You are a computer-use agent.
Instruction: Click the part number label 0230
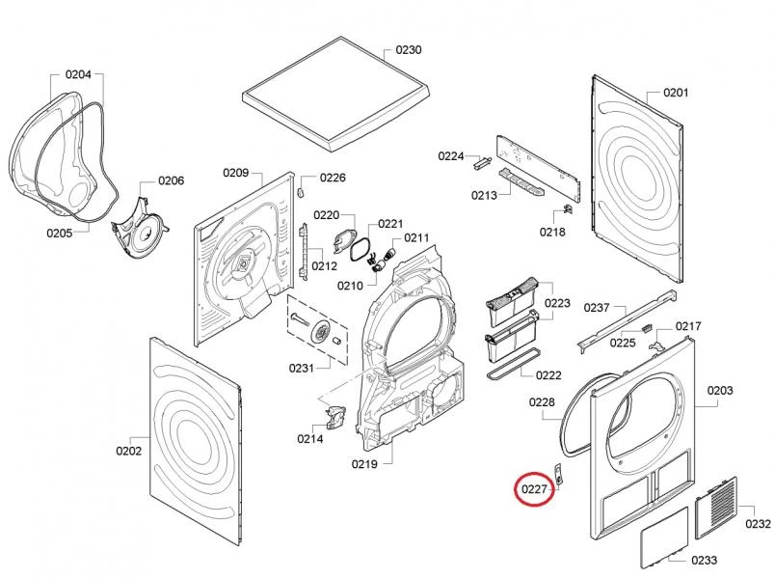click(x=408, y=49)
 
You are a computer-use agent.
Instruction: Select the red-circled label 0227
click(x=535, y=491)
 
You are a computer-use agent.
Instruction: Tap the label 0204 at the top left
click(x=78, y=74)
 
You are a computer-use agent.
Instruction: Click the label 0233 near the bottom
click(x=705, y=561)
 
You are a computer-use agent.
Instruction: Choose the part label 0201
click(x=675, y=93)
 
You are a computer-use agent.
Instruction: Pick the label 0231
click(x=302, y=368)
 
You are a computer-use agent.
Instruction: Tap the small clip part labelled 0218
click(x=568, y=207)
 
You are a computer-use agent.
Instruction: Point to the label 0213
click(x=484, y=196)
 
